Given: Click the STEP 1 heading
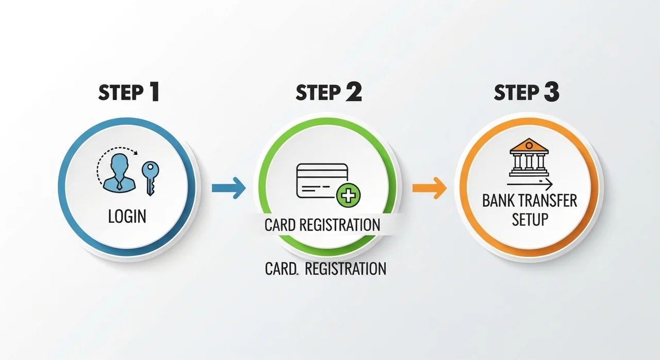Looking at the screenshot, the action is [x=129, y=92].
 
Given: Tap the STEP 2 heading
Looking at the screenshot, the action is [x=328, y=92].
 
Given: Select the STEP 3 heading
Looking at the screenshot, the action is [x=526, y=92].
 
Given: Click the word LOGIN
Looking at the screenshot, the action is [x=127, y=216].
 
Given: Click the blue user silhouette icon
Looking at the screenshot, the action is [x=119, y=173].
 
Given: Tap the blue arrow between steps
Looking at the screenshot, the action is [x=228, y=188].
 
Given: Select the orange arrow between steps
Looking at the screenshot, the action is [x=430, y=188].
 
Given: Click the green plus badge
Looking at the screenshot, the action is [x=348, y=195].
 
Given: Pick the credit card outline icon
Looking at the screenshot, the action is [x=322, y=181].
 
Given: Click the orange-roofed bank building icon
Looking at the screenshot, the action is [x=529, y=157].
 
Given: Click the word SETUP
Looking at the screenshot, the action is [x=530, y=219].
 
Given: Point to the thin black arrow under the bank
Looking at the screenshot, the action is [x=530, y=185].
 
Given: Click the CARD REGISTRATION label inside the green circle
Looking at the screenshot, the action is [x=322, y=225].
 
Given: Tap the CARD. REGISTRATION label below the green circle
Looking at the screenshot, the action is [x=325, y=269].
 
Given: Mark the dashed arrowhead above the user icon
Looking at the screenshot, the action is [x=135, y=153].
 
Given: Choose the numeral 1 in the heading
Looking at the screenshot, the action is [x=154, y=92].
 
